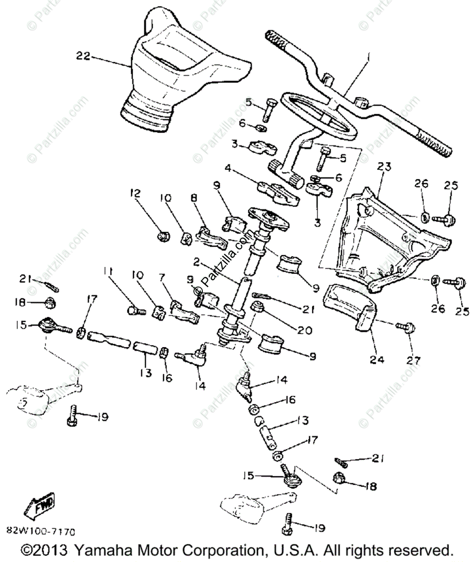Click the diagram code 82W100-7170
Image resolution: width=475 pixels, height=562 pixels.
coord(41,532)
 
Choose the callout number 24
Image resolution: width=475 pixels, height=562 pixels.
coord(377,360)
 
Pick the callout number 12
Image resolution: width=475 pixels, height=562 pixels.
coord(135,192)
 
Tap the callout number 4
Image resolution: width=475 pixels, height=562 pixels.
coord(228,167)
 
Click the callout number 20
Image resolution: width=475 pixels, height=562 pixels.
coord(304,331)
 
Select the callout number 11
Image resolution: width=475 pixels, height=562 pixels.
coord(109,271)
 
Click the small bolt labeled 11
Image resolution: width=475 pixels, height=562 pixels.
coord(133,310)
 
